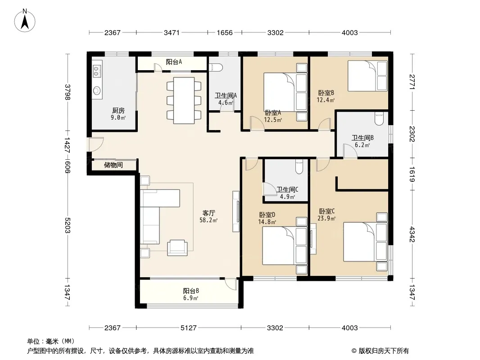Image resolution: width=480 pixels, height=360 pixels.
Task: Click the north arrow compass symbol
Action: click(25, 21)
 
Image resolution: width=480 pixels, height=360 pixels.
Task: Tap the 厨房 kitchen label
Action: click(118, 110)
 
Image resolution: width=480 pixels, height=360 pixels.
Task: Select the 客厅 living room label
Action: click(208, 213)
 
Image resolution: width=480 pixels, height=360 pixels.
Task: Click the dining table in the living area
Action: click(184, 100)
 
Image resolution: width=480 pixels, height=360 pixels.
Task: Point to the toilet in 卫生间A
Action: click(216, 67)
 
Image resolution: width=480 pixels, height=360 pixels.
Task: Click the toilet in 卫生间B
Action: click(379, 119)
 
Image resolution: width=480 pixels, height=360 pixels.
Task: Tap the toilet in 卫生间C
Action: click(299, 166)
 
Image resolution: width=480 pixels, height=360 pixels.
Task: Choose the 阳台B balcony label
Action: click(191, 291)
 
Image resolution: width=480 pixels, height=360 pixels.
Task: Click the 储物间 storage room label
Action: click(113, 165)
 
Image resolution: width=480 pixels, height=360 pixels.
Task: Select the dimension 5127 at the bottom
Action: click(188, 328)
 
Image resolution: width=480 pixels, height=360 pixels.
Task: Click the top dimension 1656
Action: click(225, 32)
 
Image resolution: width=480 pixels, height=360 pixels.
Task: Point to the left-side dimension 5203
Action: click(68, 225)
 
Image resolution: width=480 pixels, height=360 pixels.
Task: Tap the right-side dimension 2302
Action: click(412, 134)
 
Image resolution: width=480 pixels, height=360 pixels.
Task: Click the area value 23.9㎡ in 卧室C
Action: click(326, 218)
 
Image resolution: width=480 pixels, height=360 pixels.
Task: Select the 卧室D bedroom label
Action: click(267, 215)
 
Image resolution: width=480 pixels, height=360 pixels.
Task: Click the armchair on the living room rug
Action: click(177, 247)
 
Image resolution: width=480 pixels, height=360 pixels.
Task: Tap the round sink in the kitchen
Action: click(97, 90)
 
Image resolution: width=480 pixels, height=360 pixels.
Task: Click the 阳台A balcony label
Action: click(174, 62)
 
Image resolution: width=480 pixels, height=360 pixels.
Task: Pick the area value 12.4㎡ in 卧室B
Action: click(326, 100)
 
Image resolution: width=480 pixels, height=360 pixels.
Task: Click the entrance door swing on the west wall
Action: click(96, 144)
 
